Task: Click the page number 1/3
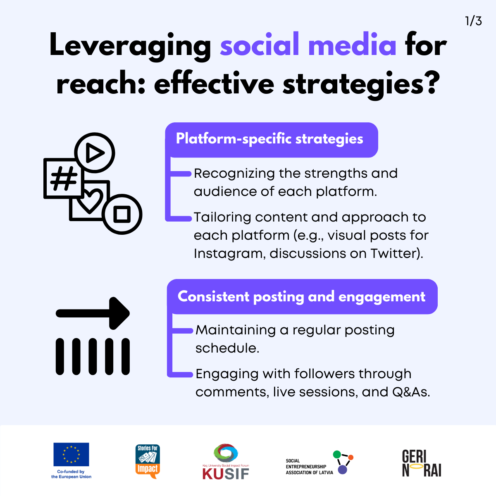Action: coord(473,21)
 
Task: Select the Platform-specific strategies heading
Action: coord(269,139)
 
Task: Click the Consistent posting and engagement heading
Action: coord(301,297)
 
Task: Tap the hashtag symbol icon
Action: coord(64,178)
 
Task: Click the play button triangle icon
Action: coord(95,153)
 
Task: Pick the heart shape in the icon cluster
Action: coord(90,201)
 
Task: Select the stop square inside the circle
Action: coord(122,214)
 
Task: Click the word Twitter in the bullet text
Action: coord(394,253)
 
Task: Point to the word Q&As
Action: coord(411,392)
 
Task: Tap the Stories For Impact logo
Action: coord(148,461)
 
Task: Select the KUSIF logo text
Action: coord(226,474)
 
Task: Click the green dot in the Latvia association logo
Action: coord(337,455)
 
